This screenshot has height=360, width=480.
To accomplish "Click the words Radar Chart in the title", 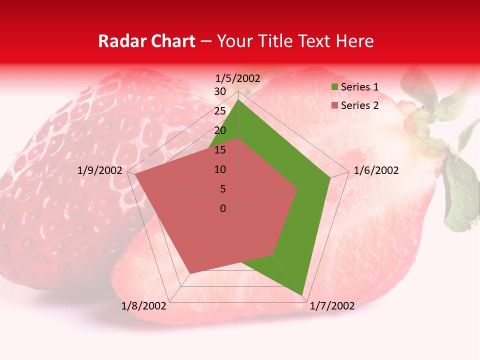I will point(146,41).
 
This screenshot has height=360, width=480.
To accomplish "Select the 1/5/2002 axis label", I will point(238,78).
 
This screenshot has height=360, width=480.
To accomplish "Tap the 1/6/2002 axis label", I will point(376,170).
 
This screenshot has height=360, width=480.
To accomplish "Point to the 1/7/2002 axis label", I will point(332,306).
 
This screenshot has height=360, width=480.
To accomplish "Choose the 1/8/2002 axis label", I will point(144,306).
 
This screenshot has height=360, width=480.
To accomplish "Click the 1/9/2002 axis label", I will point(100,170).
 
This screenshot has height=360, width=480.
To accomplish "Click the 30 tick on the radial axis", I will point(220,91).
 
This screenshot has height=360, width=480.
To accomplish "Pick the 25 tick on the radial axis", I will point(220,111).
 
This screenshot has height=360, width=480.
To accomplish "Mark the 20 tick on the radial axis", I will point(220,130).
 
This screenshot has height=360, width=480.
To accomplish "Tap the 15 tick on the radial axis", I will point(220,150).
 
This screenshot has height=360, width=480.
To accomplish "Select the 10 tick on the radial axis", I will point(220,169).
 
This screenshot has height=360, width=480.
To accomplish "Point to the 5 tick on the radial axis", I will point(222,189).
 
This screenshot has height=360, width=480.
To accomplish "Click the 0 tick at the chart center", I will point(223,208).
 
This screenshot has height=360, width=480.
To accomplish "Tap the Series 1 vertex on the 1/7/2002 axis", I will point(302,295).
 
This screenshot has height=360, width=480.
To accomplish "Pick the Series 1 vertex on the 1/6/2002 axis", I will point(330,177).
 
